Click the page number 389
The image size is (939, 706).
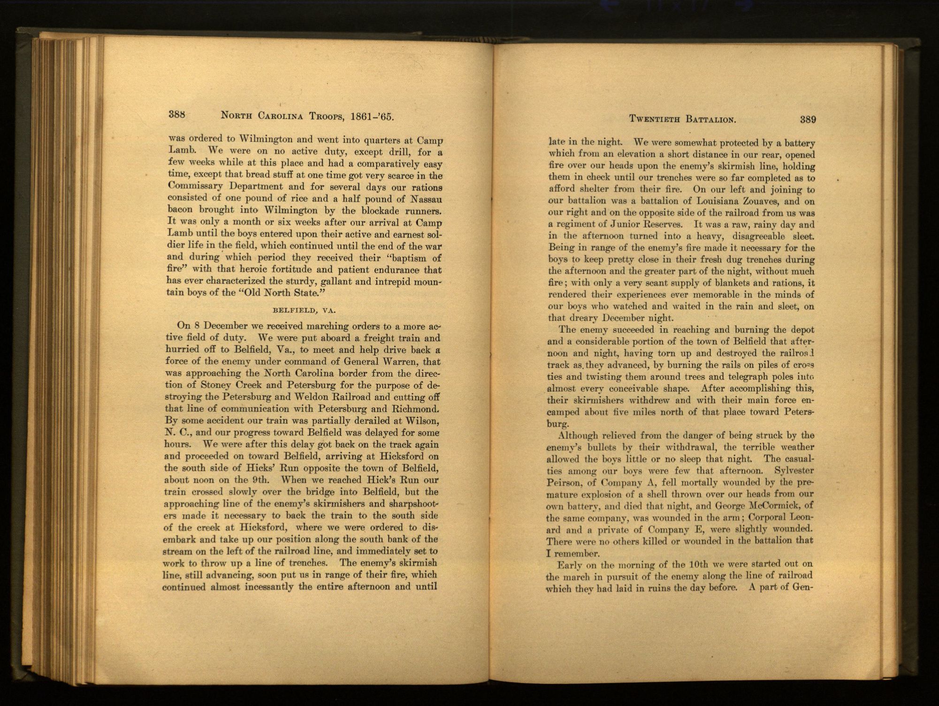[x=808, y=120]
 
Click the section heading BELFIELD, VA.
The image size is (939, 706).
[x=305, y=310]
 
